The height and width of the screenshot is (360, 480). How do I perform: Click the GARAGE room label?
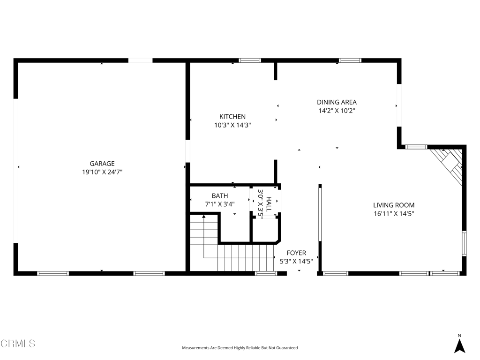pyautogui.click(x=102, y=164)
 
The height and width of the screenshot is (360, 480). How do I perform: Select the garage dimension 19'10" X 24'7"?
pyautogui.click(x=102, y=172)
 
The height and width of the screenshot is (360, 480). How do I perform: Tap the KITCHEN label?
pyautogui.click(x=232, y=117)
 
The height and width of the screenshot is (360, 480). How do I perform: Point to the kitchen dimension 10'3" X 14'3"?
pyautogui.click(x=232, y=125)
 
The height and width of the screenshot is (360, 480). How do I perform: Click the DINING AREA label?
pyautogui.click(x=337, y=102)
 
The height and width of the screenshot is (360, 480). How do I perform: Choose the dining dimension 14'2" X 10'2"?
pyautogui.click(x=337, y=111)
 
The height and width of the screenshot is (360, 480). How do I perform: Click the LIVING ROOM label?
pyautogui.click(x=394, y=205)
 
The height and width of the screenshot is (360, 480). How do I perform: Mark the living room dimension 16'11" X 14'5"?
pyautogui.click(x=394, y=214)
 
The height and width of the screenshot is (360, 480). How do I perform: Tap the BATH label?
pyautogui.click(x=220, y=196)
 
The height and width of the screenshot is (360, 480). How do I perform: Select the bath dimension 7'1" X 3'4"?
pyautogui.click(x=220, y=204)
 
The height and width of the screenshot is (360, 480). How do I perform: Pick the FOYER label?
pyautogui.click(x=296, y=253)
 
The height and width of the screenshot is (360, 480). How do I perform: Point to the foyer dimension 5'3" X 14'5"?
pyautogui.click(x=296, y=262)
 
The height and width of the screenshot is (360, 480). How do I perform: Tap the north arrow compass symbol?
pyautogui.click(x=459, y=346)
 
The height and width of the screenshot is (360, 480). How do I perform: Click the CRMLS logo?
pyautogui.click(x=18, y=344)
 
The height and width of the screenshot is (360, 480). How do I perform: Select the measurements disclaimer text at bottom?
pyautogui.click(x=240, y=348)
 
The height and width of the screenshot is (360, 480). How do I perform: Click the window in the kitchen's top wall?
pyautogui.click(x=250, y=60)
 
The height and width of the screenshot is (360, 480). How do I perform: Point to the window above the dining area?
pyautogui.click(x=350, y=60)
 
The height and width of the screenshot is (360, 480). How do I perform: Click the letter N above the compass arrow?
pyautogui.click(x=459, y=335)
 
